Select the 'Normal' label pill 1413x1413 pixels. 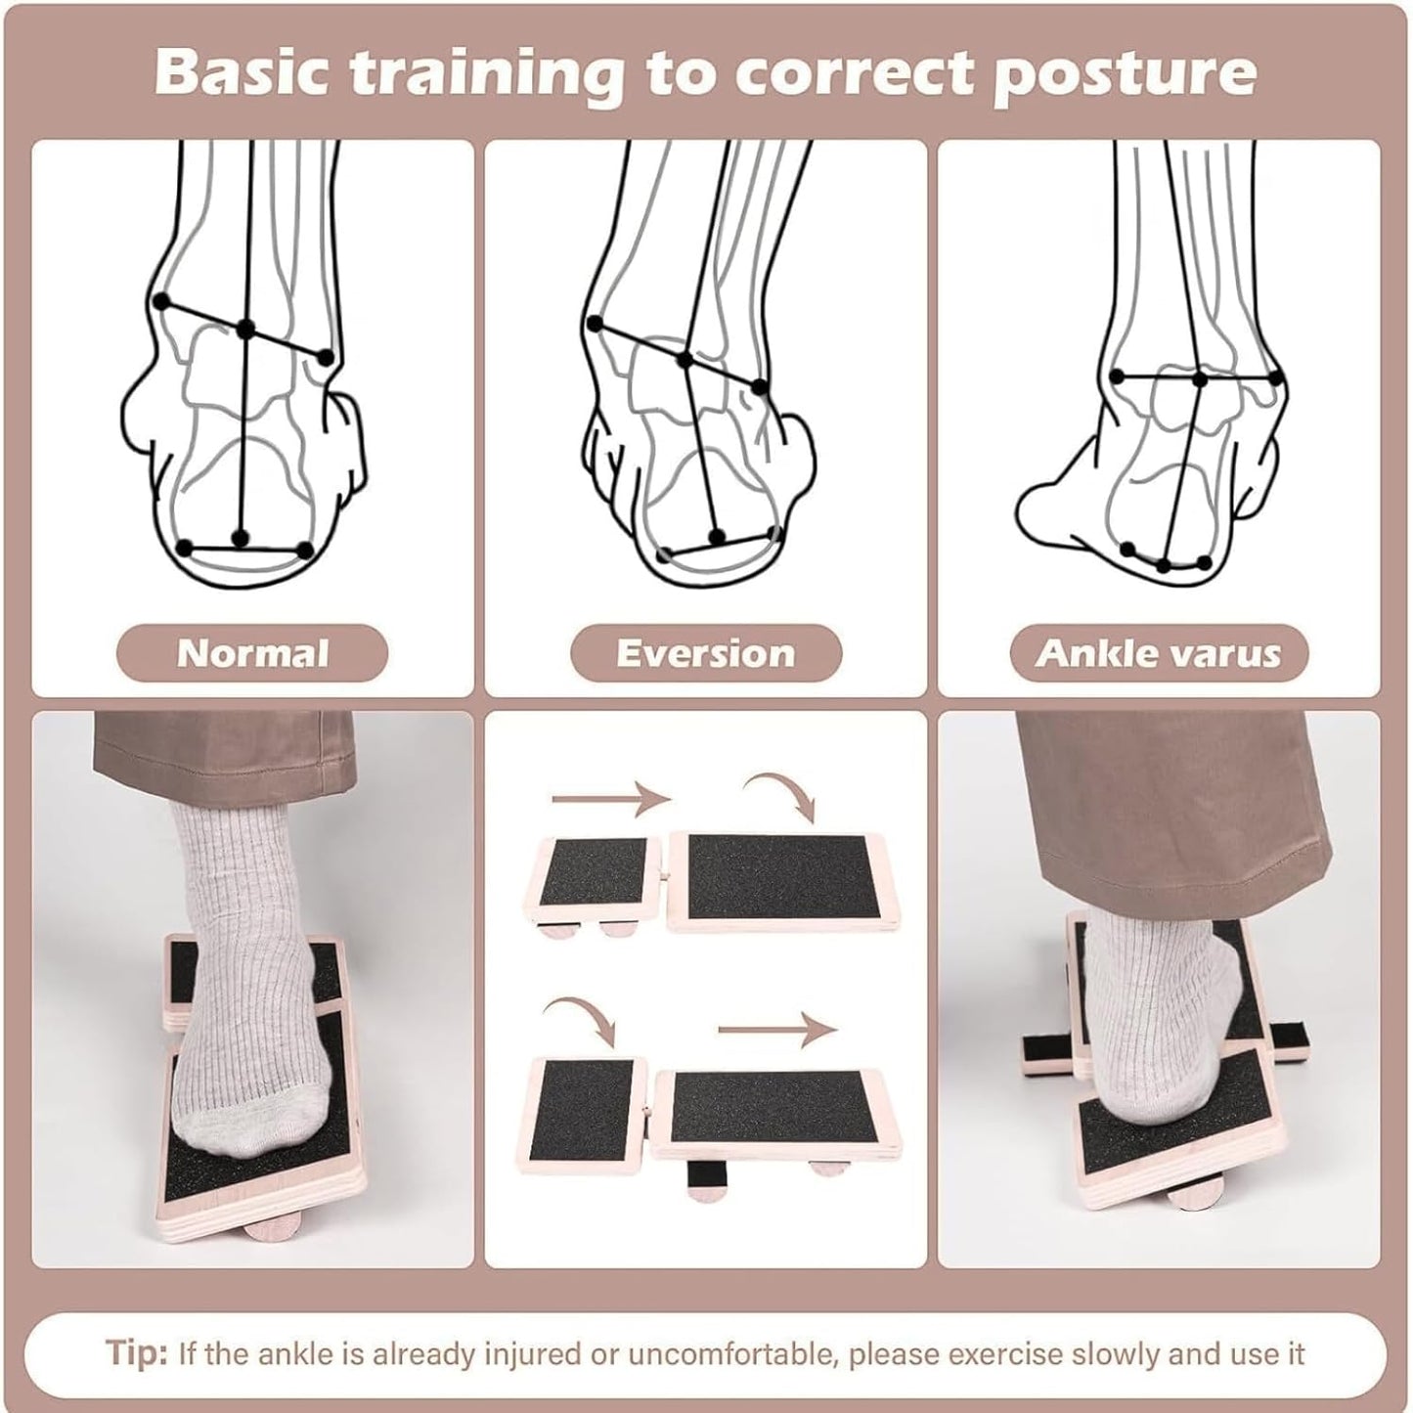point(252,652)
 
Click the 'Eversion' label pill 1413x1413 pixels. point(706,652)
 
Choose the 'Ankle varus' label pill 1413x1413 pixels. point(1160,652)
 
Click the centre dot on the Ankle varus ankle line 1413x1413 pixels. point(1200,379)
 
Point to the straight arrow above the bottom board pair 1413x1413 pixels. point(777,1031)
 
